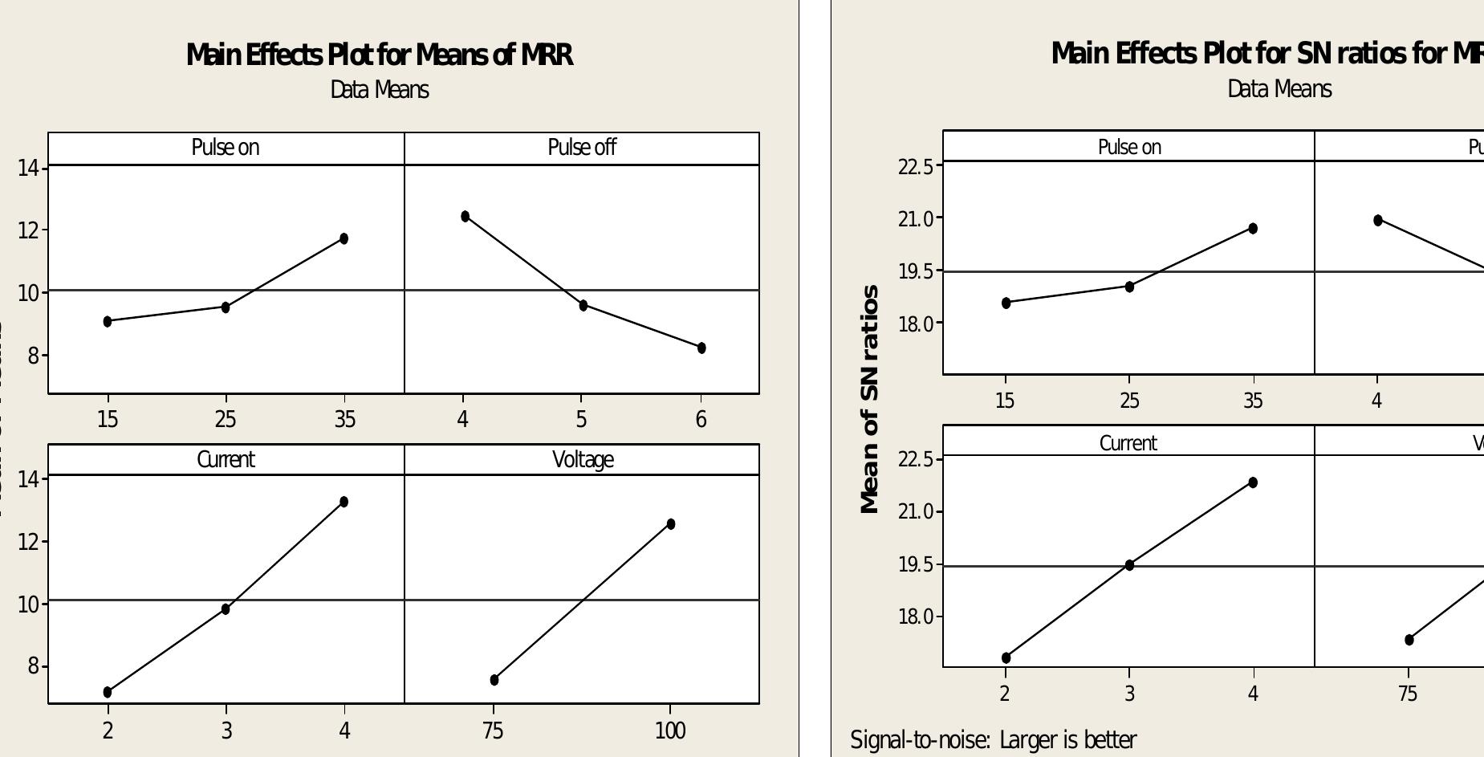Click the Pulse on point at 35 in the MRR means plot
click(x=344, y=238)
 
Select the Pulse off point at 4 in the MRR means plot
click(x=466, y=217)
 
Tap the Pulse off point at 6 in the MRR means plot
click(x=701, y=348)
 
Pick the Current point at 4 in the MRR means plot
click(x=344, y=502)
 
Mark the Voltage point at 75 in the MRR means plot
click(x=494, y=680)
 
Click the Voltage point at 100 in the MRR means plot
click(x=671, y=524)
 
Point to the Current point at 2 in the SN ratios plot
click(x=1006, y=657)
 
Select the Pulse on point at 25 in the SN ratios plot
click(x=1129, y=287)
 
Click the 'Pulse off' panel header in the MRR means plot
click(x=582, y=148)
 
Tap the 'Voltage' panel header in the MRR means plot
click(x=583, y=459)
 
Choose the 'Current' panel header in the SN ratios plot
click(x=1128, y=443)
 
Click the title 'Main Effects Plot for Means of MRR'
click(x=380, y=55)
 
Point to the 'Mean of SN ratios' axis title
click(x=870, y=399)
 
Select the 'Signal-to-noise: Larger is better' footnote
click(x=993, y=739)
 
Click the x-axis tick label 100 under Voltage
click(x=670, y=731)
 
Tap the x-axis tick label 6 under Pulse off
click(x=701, y=419)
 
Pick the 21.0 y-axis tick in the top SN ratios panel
click(x=916, y=218)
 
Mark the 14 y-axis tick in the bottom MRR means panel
click(x=28, y=479)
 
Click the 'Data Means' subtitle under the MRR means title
click(x=380, y=90)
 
